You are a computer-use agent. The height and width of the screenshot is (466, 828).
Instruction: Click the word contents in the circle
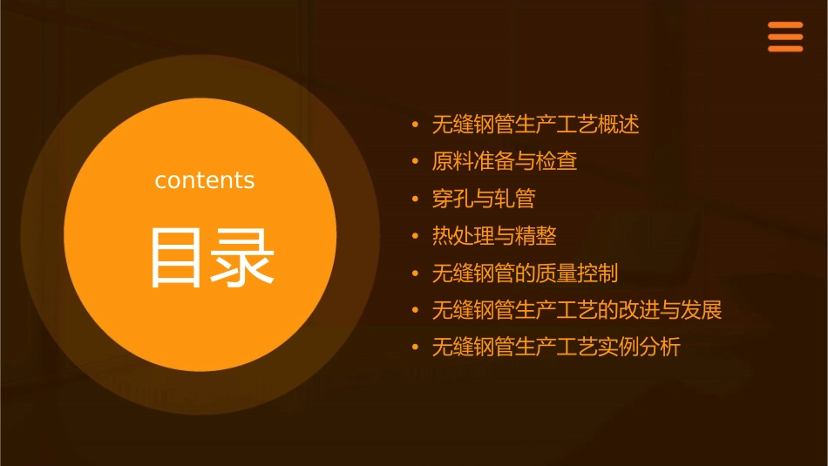click(205, 180)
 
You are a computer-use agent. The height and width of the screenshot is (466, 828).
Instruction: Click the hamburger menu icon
click(785, 37)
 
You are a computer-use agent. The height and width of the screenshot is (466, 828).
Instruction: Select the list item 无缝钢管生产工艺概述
click(536, 125)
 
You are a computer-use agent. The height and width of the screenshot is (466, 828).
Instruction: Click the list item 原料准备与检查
click(505, 162)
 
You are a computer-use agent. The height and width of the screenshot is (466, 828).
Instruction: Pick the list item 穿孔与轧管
click(484, 199)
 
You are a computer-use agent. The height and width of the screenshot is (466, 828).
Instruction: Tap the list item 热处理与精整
click(494, 236)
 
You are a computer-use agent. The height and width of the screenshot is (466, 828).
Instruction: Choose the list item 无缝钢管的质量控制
click(526, 273)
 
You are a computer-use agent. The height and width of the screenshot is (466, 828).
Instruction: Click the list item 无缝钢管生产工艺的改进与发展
click(577, 310)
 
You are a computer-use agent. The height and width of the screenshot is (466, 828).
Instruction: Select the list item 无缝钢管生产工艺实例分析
click(556, 348)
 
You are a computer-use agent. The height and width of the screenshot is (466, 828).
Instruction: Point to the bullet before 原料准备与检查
click(416, 162)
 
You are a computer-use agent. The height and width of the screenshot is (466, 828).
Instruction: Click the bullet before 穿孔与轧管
click(416, 199)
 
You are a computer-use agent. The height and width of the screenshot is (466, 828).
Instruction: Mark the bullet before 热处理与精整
click(416, 236)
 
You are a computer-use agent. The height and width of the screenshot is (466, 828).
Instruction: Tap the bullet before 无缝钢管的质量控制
click(416, 274)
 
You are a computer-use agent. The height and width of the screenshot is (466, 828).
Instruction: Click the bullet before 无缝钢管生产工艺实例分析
click(416, 348)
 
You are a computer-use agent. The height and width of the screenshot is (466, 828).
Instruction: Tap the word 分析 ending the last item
click(661, 348)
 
